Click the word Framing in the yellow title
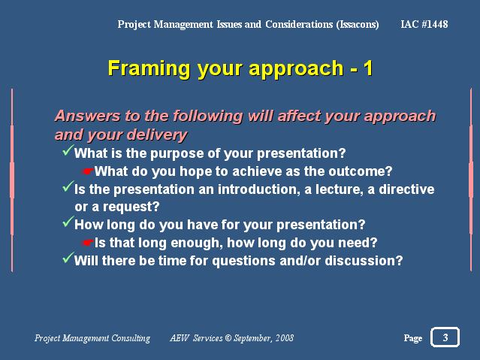point(149,69)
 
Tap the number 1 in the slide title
point(368,68)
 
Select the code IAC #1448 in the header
point(424,24)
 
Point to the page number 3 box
point(445,337)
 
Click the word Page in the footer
point(413,338)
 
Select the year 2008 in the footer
point(285,338)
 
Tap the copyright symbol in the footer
point(228,338)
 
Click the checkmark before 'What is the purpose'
point(68,150)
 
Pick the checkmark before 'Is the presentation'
point(68,186)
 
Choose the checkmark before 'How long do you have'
point(68,222)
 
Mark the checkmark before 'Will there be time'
point(68,258)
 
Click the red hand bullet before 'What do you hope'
point(88,171)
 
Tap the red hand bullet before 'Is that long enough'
point(88,243)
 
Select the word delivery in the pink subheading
point(157,135)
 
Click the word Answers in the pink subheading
point(88,116)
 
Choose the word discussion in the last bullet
point(364,261)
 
